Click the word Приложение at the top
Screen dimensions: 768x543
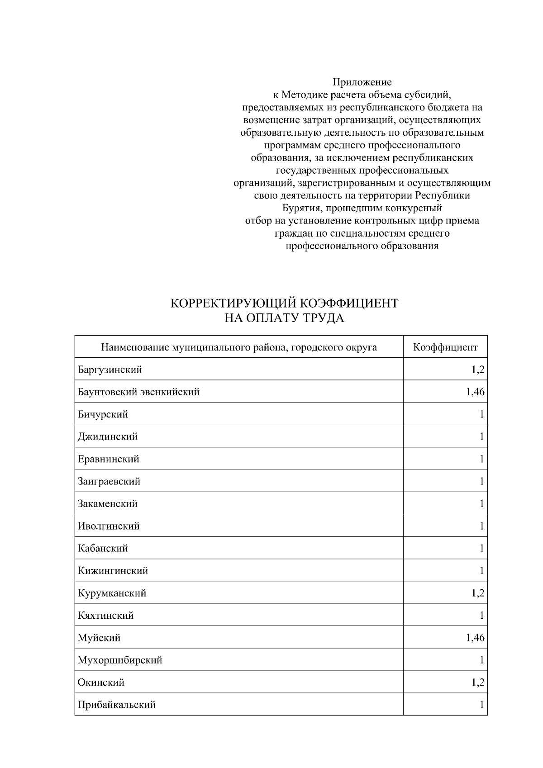(362, 82)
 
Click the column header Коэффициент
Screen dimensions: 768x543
(445, 347)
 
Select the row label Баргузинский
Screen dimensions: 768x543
(110, 370)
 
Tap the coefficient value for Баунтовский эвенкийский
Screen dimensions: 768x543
(475, 392)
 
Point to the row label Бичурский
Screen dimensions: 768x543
(103, 414)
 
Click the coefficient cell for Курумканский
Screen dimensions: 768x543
(478, 593)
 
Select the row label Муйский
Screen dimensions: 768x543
(99, 638)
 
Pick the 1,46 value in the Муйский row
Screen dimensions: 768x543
(475, 638)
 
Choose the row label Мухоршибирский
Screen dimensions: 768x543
(120, 660)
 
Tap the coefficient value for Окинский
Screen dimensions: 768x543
(478, 683)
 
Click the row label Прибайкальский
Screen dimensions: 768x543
(117, 705)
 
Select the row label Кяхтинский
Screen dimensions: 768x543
(105, 616)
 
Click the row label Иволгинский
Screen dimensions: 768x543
(109, 526)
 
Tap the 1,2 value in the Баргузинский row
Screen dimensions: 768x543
(478, 370)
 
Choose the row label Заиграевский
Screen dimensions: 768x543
(109, 481)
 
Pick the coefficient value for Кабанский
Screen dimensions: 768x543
(482, 548)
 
